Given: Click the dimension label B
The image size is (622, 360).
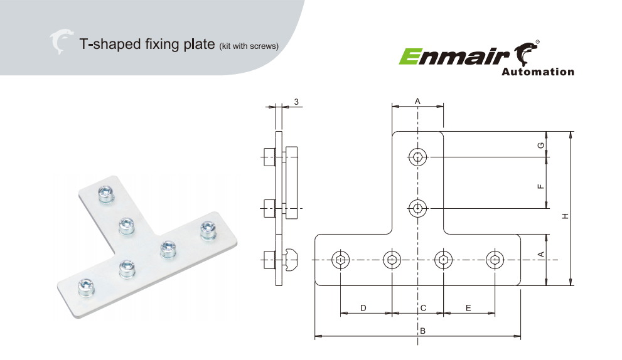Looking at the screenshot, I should [423, 331].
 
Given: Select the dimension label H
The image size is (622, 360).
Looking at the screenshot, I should [565, 216].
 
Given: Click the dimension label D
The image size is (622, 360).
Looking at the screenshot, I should [363, 307].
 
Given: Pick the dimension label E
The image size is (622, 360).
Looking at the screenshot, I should [469, 307].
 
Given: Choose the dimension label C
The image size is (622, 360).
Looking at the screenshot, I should [423, 307].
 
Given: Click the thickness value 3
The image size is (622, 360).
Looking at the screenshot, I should [296, 102].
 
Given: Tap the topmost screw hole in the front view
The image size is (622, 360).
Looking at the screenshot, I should [418, 157].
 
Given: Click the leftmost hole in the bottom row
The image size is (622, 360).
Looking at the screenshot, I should [340, 260].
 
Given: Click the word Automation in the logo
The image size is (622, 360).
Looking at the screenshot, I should [538, 72].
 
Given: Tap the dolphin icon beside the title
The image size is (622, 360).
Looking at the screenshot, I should [61, 42].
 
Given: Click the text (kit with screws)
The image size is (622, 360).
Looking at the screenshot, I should [249, 46].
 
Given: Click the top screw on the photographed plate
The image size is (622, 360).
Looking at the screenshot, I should [106, 194].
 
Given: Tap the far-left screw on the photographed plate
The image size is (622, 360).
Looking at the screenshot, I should [85, 287].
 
